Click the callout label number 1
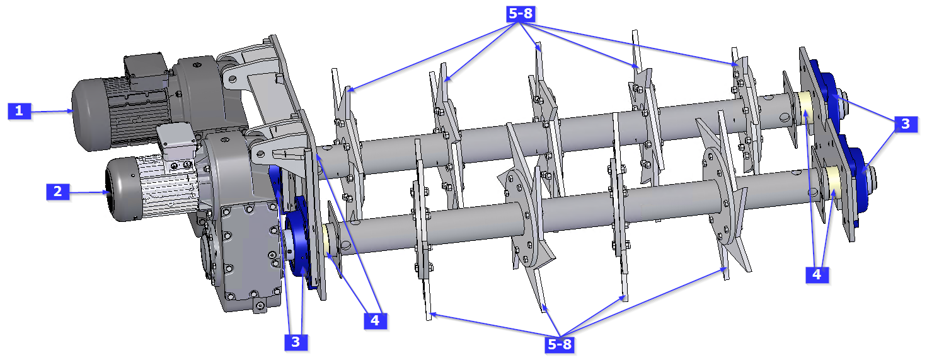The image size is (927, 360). tap(19, 111)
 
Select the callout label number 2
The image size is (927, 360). tap(57, 191)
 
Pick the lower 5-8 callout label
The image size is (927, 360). tap(560, 344)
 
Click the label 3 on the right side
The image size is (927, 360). tap(905, 124)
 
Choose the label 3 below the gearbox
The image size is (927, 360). tap(295, 342)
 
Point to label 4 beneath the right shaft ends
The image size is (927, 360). tap(817, 274)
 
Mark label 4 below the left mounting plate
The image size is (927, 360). tap(375, 320)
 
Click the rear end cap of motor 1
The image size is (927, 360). tap(85, 117)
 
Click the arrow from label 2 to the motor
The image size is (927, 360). tap(87, 190)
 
